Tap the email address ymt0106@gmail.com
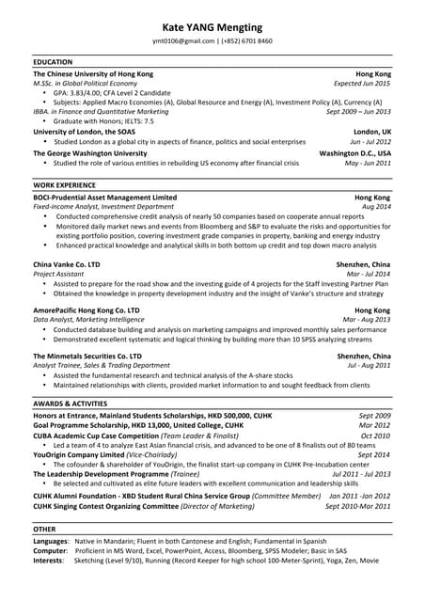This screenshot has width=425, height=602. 183,41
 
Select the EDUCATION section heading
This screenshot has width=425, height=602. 53,62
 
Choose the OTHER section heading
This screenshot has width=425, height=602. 44,530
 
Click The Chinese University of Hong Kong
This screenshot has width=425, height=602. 93,73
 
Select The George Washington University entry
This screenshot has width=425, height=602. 89,153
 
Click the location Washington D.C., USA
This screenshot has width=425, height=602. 354,153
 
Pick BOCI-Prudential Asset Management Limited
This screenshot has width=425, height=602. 104,198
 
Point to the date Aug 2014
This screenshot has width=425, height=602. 376,207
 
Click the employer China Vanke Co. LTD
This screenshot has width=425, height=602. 66,265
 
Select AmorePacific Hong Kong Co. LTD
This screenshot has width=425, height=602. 86,309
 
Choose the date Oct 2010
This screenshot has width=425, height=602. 375,436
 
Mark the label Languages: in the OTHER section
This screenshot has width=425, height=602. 51,542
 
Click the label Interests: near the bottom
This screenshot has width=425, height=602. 48,561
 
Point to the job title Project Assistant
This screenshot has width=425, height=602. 58,275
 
